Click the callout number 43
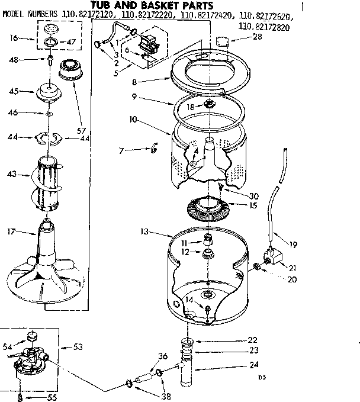(x=11, y=174)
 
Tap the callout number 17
(x=11, y=231)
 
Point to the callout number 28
(x=257, y=37)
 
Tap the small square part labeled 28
(x=223, y=40)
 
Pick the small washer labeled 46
(x=50, y=112)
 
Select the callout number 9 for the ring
(x=134, y=96)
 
